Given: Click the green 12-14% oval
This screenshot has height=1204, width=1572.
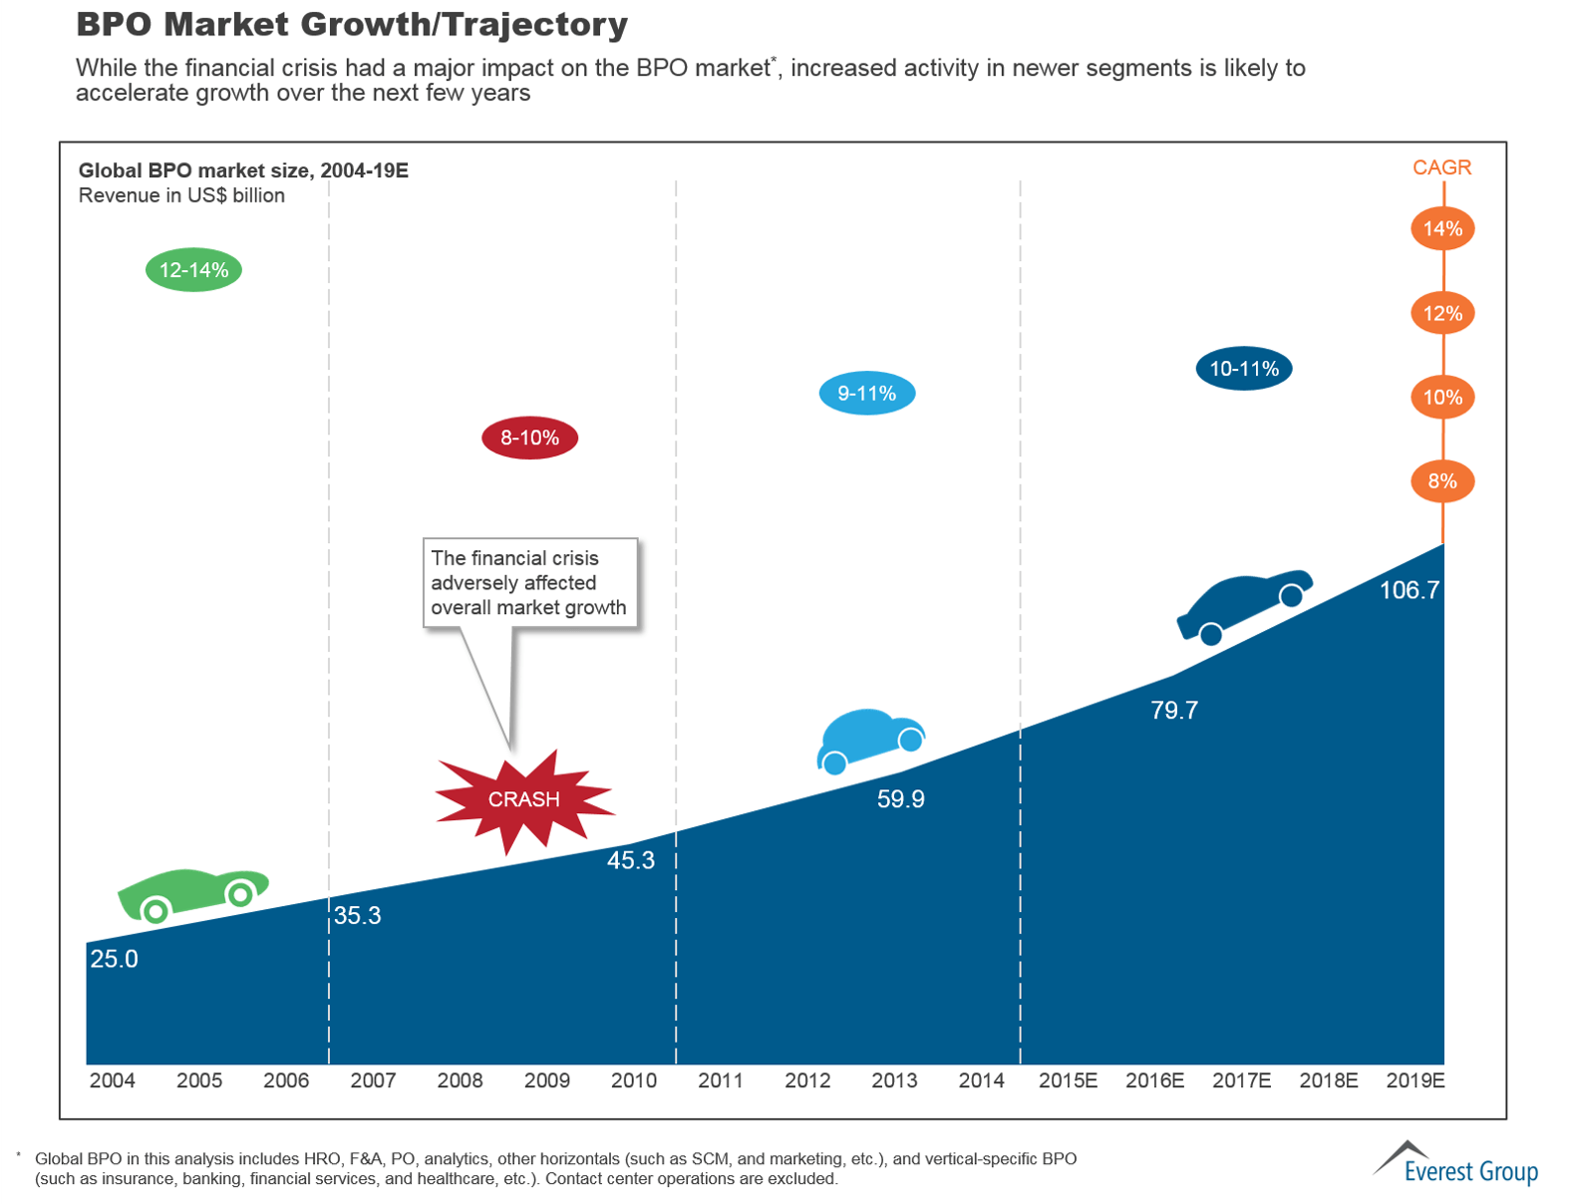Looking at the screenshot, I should [193, 270].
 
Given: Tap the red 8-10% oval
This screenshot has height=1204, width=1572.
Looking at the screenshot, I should [529, 438].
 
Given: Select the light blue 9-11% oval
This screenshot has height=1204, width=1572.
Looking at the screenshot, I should [866, 394].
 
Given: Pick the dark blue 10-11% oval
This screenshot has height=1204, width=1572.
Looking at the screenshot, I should [1243, 369].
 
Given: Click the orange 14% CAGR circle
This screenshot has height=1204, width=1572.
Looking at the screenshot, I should [1441, 229].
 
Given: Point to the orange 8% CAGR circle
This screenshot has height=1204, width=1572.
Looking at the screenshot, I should [1441, 481].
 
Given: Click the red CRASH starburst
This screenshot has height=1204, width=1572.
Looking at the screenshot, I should [523, 799].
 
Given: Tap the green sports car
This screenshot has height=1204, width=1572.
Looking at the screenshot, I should [192, 892].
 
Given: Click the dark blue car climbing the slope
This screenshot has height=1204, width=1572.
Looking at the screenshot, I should [1244, 604].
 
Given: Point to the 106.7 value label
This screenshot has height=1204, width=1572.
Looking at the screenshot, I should [1409, 590].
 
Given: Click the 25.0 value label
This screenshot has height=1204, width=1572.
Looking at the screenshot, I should [114, 959].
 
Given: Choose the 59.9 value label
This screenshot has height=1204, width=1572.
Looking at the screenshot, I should [900, 799].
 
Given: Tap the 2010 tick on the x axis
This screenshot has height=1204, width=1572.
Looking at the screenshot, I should [633, 1080].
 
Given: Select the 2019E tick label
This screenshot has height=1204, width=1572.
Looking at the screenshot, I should [1415, 1080].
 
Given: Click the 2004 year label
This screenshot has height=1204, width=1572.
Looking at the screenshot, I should [112, 1080].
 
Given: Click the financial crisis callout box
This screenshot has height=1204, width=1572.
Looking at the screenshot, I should [529, 583].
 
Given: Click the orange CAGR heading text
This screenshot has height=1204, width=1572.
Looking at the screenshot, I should [1441, 167].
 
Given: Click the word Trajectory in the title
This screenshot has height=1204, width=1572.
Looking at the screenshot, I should [528, 24].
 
